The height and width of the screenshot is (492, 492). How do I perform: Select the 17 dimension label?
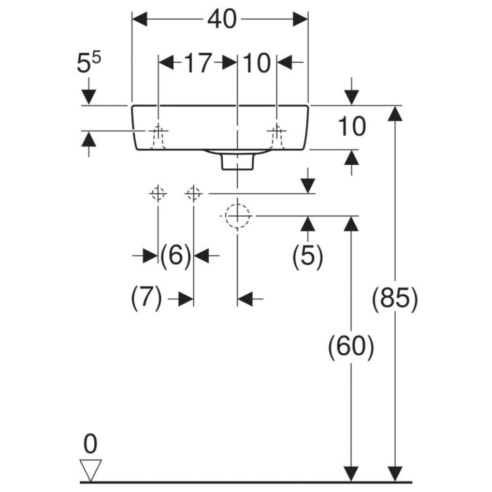[198, 63]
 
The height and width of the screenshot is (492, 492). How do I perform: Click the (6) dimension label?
[176, 255]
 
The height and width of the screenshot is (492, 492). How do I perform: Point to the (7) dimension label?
[147, 299]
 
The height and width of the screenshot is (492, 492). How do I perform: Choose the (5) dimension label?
[308, 255]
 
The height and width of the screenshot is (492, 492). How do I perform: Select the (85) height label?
[395, 299]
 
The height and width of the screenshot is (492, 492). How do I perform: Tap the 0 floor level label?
[91, 444]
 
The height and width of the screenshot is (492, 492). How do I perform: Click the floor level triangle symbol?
[91, 469]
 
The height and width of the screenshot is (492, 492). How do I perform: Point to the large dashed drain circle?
[237, 214]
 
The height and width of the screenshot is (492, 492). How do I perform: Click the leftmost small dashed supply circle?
[158, 194]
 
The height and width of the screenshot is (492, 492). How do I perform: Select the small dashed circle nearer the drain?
[193, 194]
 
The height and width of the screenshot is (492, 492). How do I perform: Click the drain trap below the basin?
[237, 161]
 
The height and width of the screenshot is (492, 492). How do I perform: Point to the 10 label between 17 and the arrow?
[257, 63]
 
